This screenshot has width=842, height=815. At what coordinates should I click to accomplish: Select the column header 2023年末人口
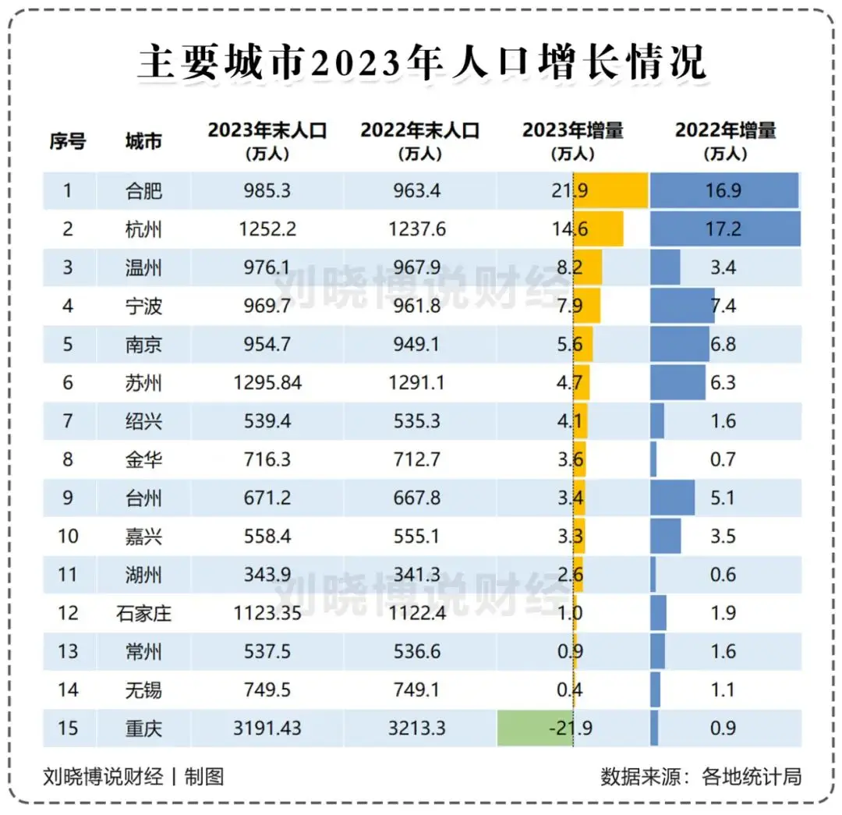tap(267, 140)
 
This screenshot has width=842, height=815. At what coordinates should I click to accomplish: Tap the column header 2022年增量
tap(725, 140)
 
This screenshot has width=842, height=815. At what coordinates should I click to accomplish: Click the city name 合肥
tap(143, 191)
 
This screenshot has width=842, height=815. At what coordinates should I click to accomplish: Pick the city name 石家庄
tap(143, 613)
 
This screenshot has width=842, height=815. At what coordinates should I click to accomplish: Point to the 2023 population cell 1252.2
tap(267, 229)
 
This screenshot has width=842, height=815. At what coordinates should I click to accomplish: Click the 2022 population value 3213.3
tap(420, 728)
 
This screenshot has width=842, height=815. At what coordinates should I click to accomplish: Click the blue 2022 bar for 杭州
tap(725, 229)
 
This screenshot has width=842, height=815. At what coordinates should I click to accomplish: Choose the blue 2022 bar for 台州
tap(672, 498)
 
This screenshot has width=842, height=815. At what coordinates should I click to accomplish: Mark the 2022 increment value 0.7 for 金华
tap(723, 459)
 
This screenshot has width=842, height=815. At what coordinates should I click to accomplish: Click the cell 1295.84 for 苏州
tap(267, 383)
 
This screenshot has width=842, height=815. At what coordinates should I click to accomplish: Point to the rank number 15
tap(68, 728)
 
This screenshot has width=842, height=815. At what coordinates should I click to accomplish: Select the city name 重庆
tap(143, 728)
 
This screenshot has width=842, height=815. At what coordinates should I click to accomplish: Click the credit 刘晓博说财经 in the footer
tap(103, 777)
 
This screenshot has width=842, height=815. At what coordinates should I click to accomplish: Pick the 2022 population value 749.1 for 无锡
tap(420, 689)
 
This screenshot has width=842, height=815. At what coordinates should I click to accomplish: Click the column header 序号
tap(68, 141)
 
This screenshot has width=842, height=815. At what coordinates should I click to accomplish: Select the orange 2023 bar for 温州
tap(588, 268)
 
